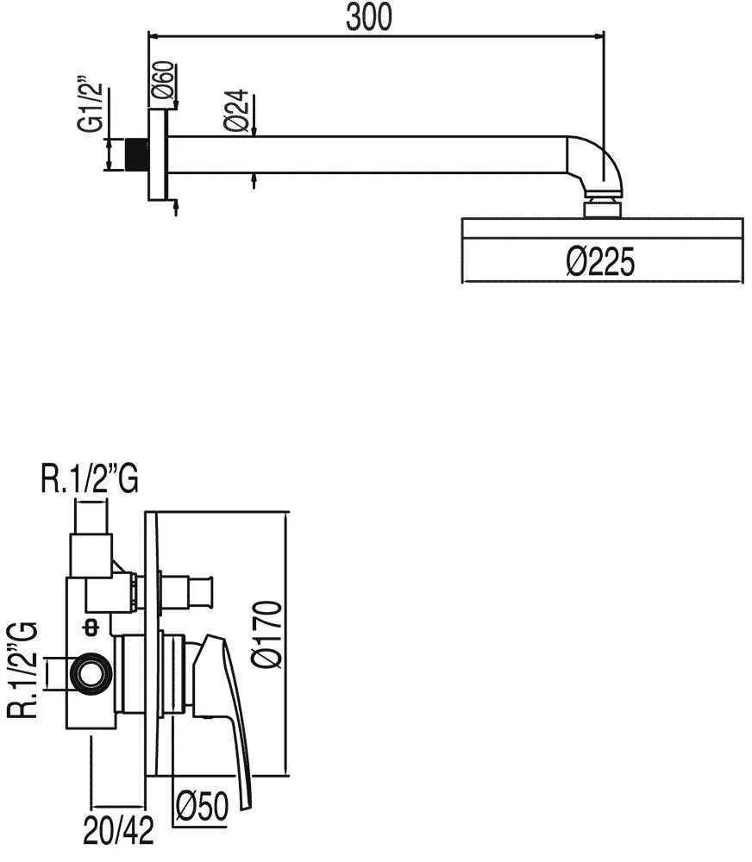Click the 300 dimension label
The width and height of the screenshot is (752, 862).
pyautogui.click(x=369, y=17)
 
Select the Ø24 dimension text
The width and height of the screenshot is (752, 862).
pyautogui.click(x=237, y=110)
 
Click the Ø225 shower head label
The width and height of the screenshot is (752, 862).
pyautogui.click(x=600, y=261)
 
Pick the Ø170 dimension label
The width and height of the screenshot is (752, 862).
pyautogui.click(x=268, y=634)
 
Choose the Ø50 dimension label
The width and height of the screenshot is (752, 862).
pyautogui.click(x=202, y=806)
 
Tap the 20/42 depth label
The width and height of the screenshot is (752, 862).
pyautogui.click(x=119, y=830)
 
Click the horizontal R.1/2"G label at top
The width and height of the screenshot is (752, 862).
pyautogui.click(x=90, y=479)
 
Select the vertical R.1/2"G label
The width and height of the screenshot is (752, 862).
pyautogui.click(x=23, y=670)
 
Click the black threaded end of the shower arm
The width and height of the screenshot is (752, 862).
pyautogui.click(x=137, y=154)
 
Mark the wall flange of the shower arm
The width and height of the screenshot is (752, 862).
pyautogui.click(x=157, y=154)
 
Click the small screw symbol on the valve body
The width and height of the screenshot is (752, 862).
pyautogui.click(x=91, y=628)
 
